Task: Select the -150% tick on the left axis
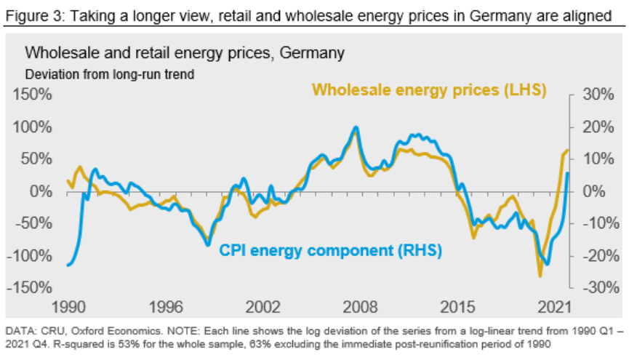[30, 287]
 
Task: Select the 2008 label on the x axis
[361, 305]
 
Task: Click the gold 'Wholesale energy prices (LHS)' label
[429, 89]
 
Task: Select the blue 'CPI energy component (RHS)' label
[330, 251]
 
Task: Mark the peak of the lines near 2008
[355, 127]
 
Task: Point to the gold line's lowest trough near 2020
[540, 276]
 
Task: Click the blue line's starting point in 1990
[68, 265]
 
